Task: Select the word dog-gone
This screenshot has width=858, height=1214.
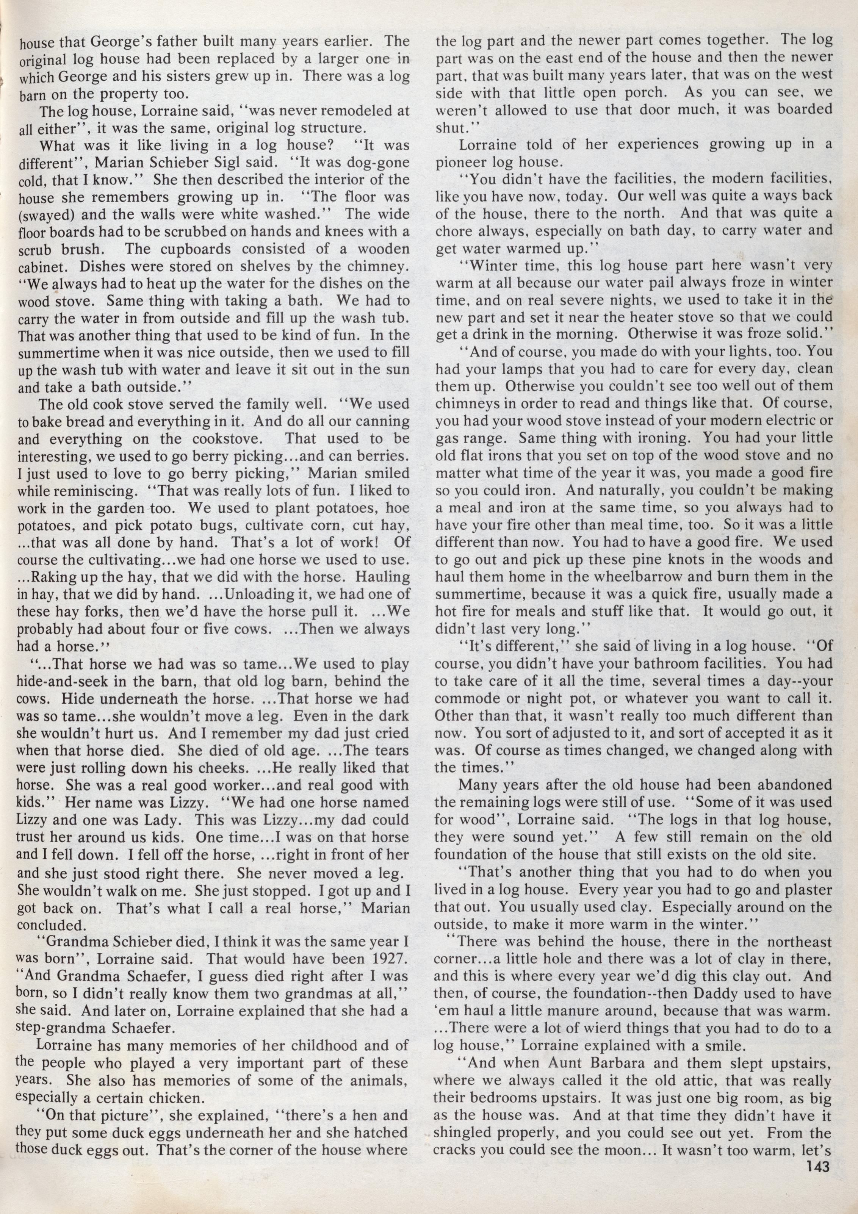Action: [x=376, y=162]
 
